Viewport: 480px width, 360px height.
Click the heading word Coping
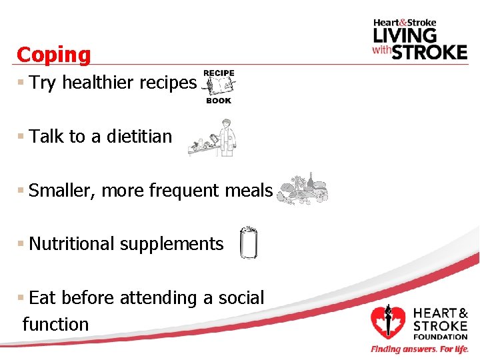coord(53,55)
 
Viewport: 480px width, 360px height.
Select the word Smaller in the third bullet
coord(63,191)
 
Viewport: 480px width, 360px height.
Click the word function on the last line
coord(55,325)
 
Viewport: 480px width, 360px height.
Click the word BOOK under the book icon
coord(219,101)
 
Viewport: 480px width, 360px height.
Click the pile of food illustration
coord(302,191)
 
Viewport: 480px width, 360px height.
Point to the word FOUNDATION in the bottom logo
coord(441,337)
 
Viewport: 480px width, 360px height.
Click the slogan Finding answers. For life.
coord(419,349)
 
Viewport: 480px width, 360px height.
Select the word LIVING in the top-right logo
coord(405,34)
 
